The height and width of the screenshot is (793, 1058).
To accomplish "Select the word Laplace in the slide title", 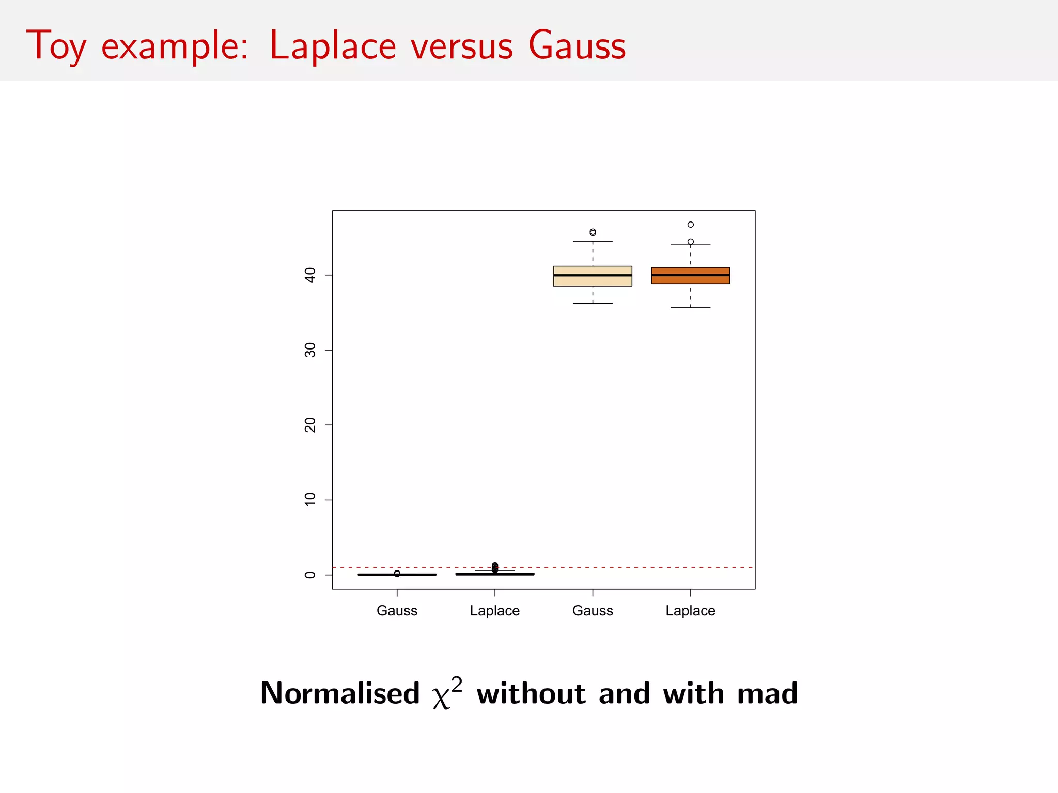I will tap(332, 45).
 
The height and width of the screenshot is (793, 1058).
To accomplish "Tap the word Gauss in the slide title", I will tap(577, 45).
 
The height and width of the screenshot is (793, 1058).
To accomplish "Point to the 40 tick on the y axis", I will tap(310, 275).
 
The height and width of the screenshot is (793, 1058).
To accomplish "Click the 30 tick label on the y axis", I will tap(310, 350).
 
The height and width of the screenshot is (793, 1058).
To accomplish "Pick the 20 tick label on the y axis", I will tap(310, 425).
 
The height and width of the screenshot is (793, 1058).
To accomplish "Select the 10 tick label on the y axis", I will tap(310, 499).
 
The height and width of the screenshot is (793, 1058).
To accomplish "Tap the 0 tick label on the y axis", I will tap(310, 575).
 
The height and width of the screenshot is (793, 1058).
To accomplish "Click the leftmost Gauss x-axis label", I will tap(397, 610).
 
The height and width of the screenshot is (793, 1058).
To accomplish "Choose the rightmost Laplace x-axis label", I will tap(690, 610).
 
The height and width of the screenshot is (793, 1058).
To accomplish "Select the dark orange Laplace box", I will tap(690, 279).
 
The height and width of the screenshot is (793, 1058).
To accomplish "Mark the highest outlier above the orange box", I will tap(690, 225).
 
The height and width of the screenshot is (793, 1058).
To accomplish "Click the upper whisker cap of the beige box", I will tap(593, 241).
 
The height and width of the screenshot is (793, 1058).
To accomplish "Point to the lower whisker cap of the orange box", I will tap(690, 308).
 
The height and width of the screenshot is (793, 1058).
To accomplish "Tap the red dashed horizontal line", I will tap(646, 567).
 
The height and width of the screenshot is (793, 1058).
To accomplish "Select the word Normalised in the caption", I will tap(340, 693).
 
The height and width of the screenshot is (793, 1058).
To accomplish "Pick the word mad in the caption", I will tap(767, 693).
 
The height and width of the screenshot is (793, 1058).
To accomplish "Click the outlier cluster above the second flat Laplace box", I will tap(495, 567).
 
